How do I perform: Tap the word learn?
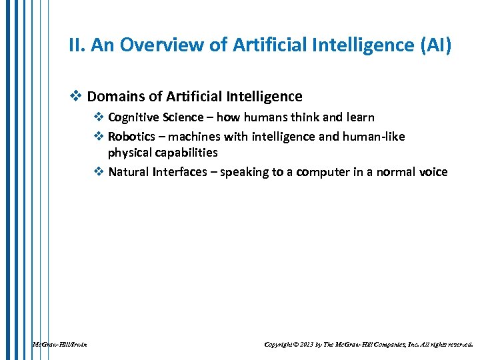(360, 118)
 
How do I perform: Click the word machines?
(195, 137)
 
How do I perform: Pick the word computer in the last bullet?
(319, 172)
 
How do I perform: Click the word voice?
(433, 172)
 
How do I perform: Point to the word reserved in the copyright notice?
(459, 345)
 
